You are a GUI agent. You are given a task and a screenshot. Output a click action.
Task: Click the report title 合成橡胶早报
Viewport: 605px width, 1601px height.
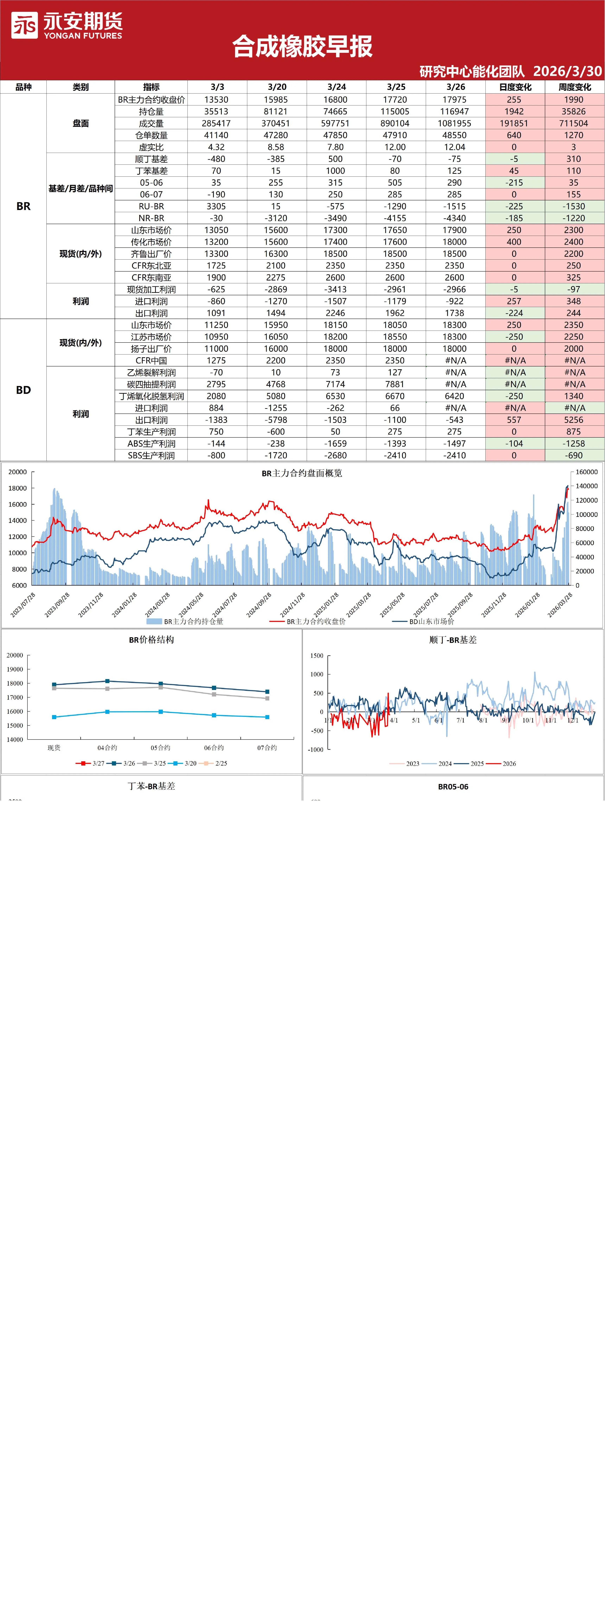click(302, 47)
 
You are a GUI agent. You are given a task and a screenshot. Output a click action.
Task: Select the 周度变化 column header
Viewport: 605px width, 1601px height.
click(574, 87)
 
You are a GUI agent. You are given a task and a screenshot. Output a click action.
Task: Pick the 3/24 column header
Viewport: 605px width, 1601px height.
click(336, 87)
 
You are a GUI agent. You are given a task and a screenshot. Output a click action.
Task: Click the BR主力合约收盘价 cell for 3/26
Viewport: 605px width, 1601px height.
click(454, 99)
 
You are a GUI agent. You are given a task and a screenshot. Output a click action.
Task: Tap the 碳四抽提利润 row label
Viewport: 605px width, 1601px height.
click(151, 384)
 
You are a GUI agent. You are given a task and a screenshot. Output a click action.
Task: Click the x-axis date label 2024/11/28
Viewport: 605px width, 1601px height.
click(292, 605)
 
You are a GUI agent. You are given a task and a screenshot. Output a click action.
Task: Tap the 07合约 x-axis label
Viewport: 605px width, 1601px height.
click(267, 748)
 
